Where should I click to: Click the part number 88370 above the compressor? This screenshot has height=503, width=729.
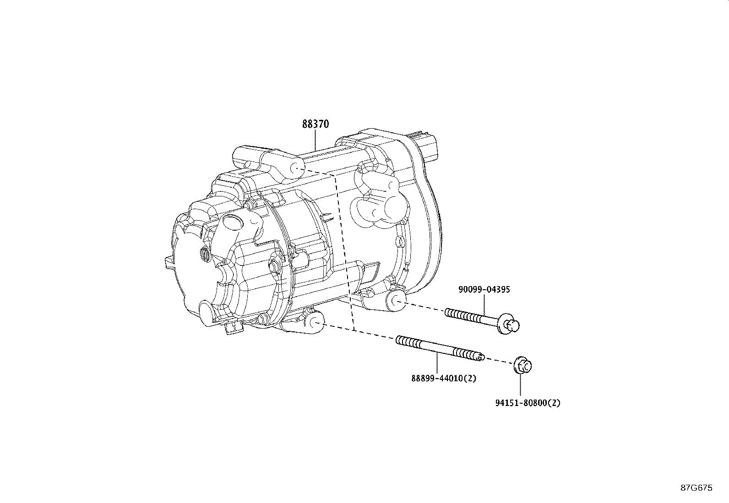315,124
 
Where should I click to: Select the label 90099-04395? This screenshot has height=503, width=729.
484,289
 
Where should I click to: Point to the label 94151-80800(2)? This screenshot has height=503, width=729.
528,403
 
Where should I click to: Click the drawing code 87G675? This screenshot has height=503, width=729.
696,488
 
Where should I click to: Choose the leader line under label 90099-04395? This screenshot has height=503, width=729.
484,304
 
